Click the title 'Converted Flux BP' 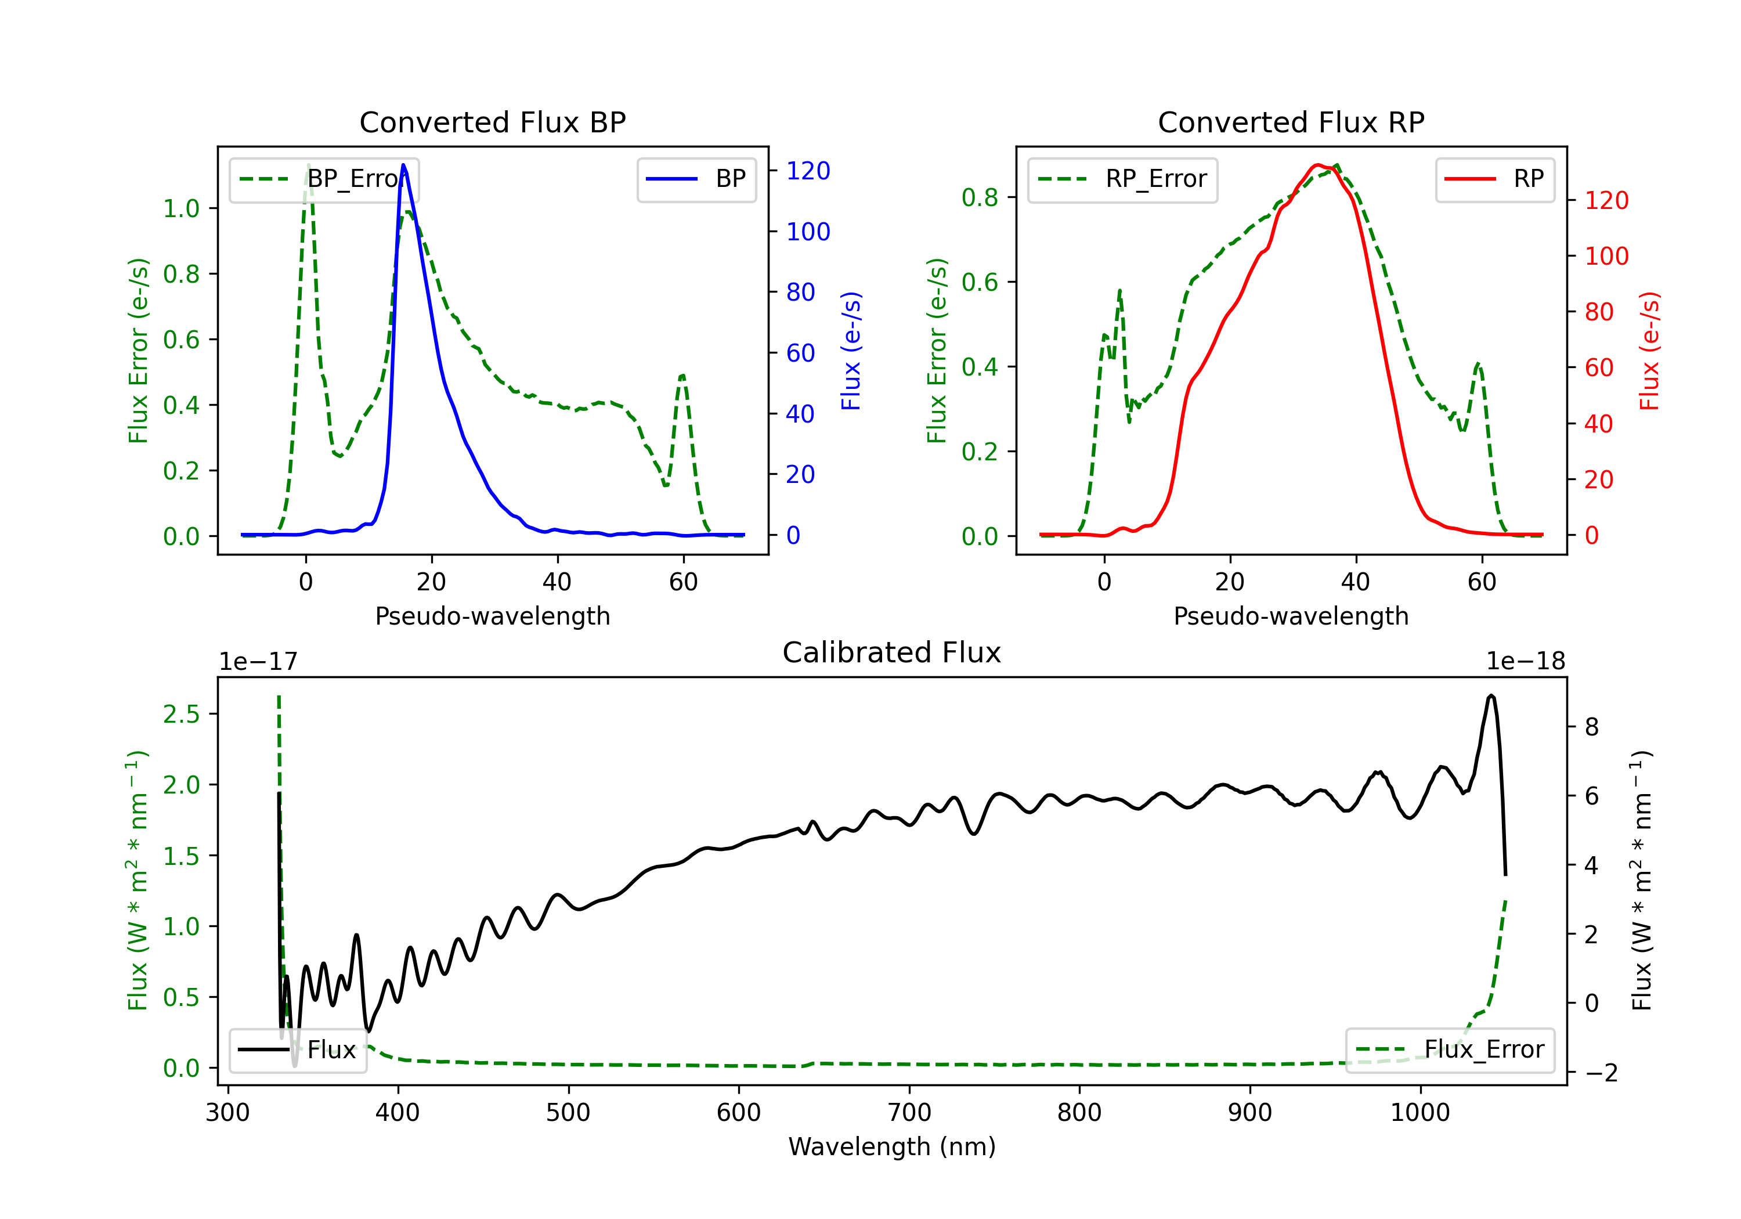492,122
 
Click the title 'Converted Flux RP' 1291,122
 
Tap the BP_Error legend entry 324,179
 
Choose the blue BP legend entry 696,179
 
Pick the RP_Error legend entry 1122,179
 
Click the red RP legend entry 1494,179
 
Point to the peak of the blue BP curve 403,165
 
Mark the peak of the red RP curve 1318,165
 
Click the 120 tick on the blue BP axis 808,171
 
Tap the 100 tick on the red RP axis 1606,257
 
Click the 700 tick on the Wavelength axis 909,1113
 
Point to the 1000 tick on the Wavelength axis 1419,1113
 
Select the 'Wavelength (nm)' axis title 892,1146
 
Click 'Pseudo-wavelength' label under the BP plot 492,616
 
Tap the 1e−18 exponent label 1525,662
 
